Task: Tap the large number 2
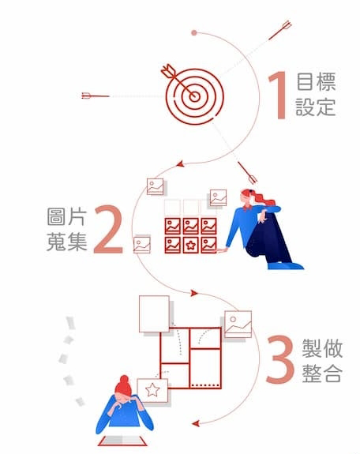click(107, 229)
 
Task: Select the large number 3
click(279, 359)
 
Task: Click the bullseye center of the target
click(195, 96)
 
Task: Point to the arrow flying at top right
click(279, 30)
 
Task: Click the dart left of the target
click(96, 96)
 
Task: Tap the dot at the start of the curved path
click(194, 32)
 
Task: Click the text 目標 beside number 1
click(316, 81)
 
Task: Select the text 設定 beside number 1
click(316, 107)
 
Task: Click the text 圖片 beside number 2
click(67, 216)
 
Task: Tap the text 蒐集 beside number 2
click(67, 242)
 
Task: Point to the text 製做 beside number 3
click(322, 348)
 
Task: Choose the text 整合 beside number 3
click(322, 373)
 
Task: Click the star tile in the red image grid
click(190, 246)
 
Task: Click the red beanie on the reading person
click(123, 385)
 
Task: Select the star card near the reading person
click(152, 390)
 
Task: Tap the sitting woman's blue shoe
click(286, 265)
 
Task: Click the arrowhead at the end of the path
click(196, 423)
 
